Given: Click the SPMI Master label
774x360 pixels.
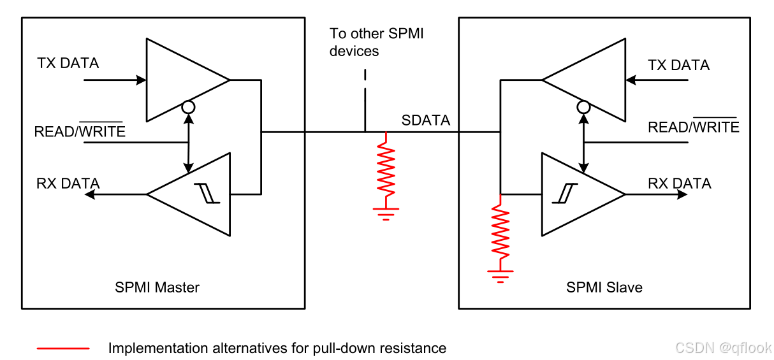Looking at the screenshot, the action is click(157, 287).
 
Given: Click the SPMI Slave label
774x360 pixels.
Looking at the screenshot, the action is click(604, 287).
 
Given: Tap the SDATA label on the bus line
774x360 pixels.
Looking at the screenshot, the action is click(426, 120).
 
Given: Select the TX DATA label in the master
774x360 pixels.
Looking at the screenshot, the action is click(68, 63).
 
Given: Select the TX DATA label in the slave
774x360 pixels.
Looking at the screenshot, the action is click(678, 65).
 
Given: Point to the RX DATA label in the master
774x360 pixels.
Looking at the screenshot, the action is click(68, 184).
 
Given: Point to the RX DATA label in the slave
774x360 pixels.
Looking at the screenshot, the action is click(680, 184).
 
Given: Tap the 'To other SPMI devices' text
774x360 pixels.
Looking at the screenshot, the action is click(376, 42).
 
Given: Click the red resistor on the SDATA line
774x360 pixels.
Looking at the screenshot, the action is click(386, 169).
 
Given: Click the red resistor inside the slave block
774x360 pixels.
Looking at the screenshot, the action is click(500, 231).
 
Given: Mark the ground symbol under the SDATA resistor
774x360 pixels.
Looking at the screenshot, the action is click(386, 213).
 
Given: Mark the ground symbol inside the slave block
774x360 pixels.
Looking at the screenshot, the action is click(500, 277).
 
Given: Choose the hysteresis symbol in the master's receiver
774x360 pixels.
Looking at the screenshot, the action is click(207, 193).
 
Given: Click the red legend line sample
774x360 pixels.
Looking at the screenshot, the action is click(63, 349).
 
